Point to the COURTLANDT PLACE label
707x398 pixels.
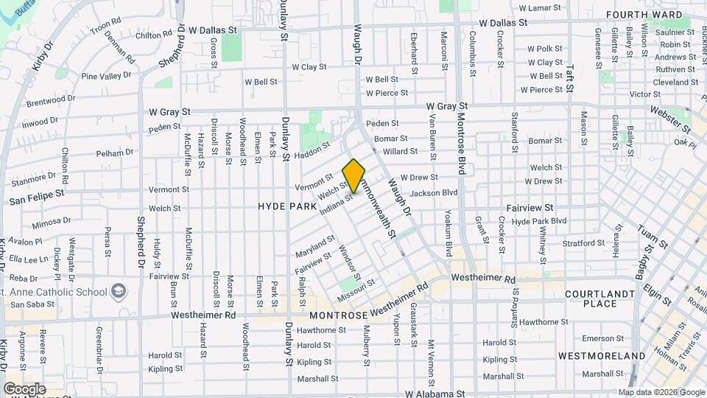click(x=599, y=298)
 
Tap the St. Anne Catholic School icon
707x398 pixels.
click(x=117, y=292)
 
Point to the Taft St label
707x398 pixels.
click(x=569, y=77)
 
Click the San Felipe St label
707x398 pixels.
click(x=35, y=199)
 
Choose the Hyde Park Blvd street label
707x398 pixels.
click(x=538, y=221)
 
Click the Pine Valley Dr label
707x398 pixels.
click(x=106, y=75)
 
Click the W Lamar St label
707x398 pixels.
click(x=540, y=8)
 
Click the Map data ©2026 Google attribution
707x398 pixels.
click(x=661, y=392)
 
